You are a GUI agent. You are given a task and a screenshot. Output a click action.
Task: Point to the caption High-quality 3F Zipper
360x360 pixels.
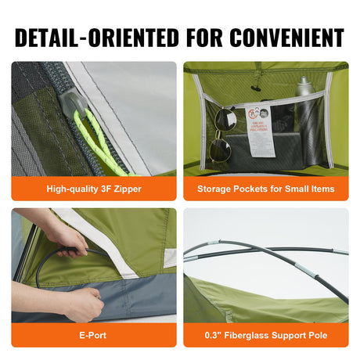(x=94, y=189)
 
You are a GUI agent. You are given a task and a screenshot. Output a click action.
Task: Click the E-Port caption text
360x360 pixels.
(x=94, y=335)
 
